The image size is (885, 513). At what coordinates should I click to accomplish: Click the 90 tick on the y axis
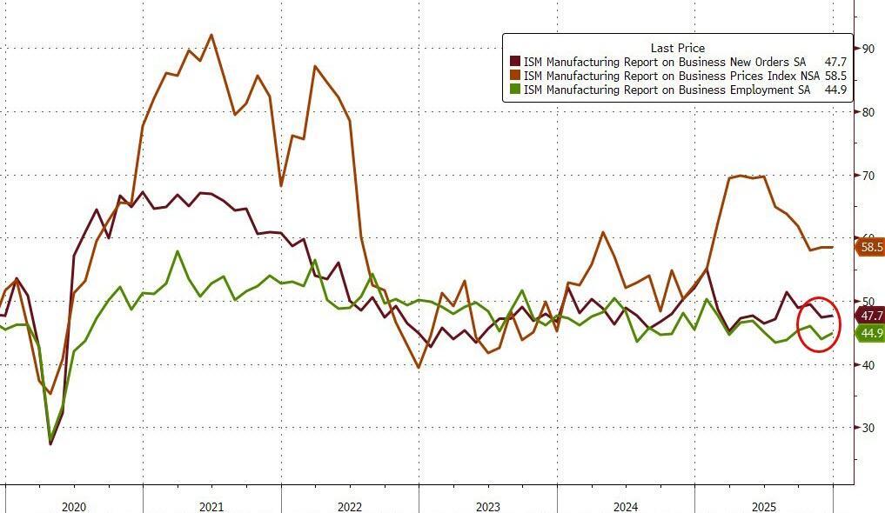pyautogui.click(x=868, y=49)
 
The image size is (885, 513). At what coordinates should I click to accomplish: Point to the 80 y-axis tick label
pyautogui.click(x=868, y=112)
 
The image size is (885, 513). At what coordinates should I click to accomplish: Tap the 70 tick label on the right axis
pyautogui.click(x=868, y=176)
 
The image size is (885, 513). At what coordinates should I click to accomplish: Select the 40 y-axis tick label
pyautogui.click(x=868, y=365)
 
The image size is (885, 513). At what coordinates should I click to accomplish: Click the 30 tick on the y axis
pyautogui.click(x=868, y=428)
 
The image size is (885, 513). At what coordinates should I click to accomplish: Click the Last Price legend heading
pyautogui.click(x=677, y=48)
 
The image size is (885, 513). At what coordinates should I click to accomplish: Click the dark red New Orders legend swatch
pyautogui.click(x=515, y=62)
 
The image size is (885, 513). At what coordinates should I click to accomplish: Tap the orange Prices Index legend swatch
pyautogui.click(x=515, y=76)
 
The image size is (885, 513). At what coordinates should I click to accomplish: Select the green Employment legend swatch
pyautogui.click(x=515, y=90)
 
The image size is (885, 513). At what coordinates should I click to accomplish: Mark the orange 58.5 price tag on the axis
pyautogui.click(x=870, y=247)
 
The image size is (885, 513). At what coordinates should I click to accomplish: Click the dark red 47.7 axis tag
pyautogui.click(x=870, y=315)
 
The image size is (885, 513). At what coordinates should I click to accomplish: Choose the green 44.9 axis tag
pyautogui.click(x=870, y=333)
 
